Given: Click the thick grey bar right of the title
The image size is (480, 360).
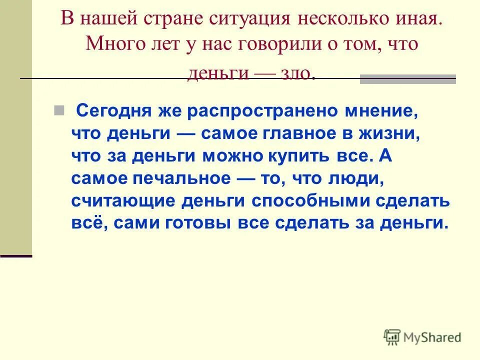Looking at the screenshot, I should coord(408,78).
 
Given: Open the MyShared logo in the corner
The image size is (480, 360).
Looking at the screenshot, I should coord(423,337).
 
